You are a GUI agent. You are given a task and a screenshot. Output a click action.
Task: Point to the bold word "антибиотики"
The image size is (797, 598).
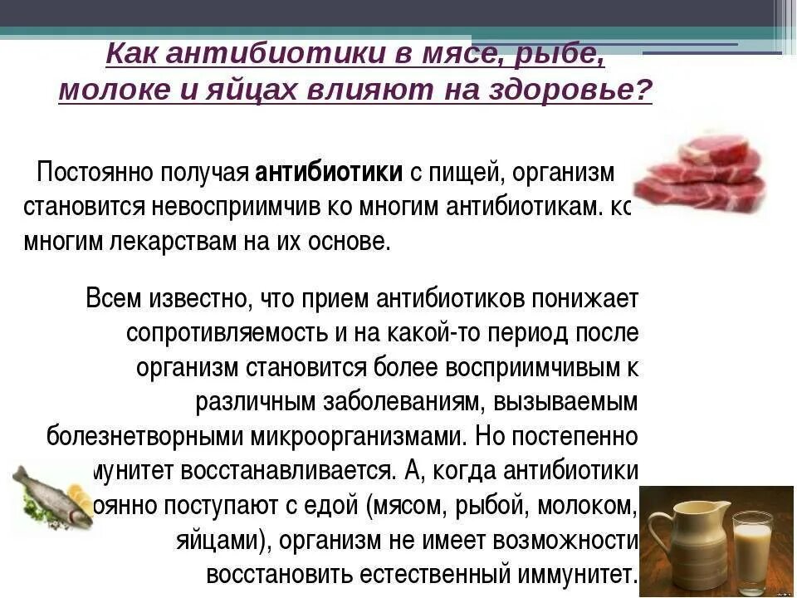[329, 172]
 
